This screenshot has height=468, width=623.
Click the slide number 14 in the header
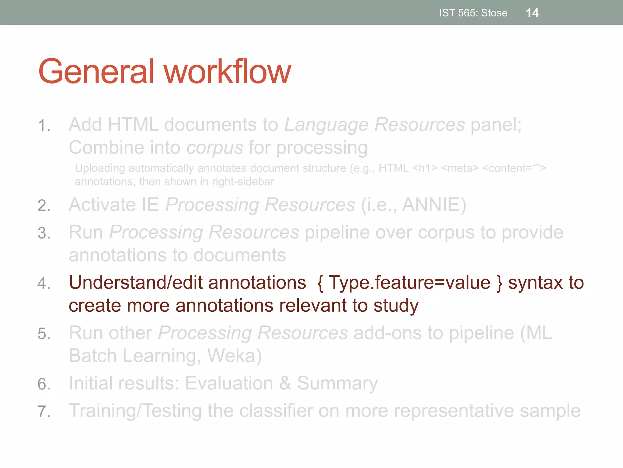(532, 13)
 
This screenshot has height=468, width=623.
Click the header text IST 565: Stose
(473, 13)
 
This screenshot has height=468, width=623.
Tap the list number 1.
(44, 126)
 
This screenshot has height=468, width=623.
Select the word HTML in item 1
(133, 125)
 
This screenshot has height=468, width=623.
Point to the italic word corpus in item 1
(215, 148)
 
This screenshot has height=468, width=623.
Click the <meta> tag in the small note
(460, 168)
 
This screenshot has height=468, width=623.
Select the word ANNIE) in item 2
(434, 204)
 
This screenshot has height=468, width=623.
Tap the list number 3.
(44, 233)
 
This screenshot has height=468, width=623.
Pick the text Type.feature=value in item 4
(409, 283)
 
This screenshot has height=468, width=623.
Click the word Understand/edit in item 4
(136, 283)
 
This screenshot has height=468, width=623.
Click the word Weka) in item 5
(234, 356)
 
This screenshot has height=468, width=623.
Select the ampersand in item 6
(285, 383)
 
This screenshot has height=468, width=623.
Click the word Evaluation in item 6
(229, 383)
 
